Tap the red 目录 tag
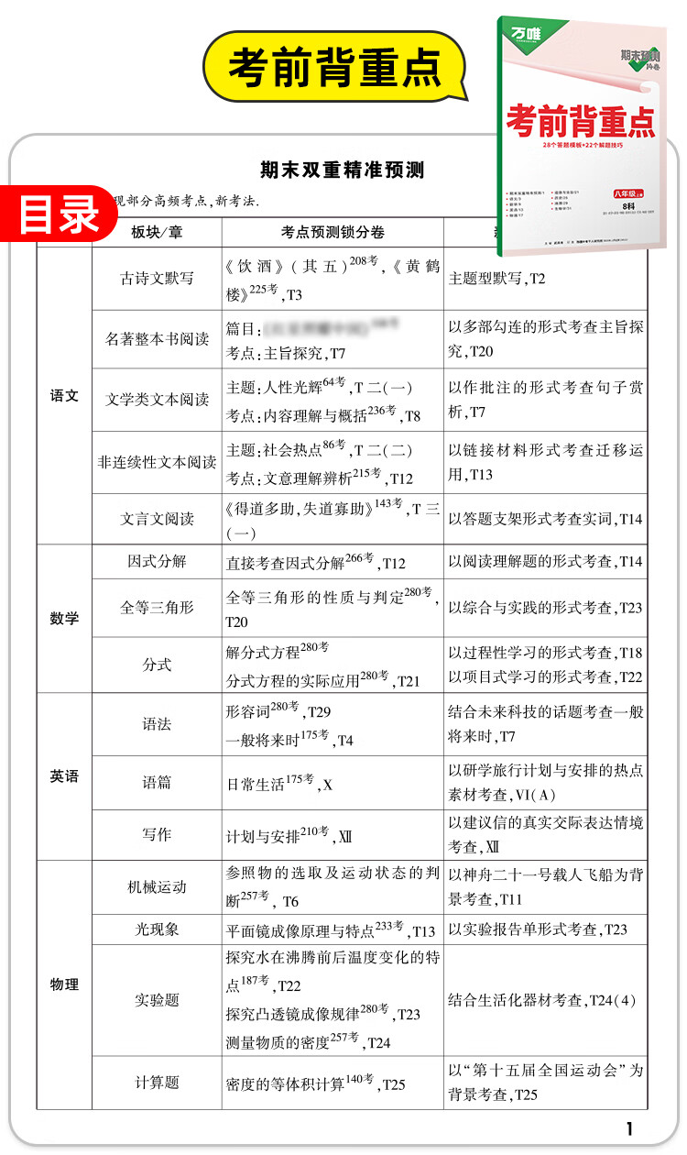pyautogui.click(x=60, y=214)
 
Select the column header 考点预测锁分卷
pyautogui.click(x=333, y=233)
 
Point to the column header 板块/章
pyautogui.click(x=157, y=233)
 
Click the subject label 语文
pyautogui.click(x=64, y=396)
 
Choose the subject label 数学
pyautogui.click(x=64, y=619)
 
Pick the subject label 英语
pyautogui.click(x=64, y=775)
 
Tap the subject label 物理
pyautogui.click(x=64, y=984)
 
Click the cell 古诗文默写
pyautogui.click(x=157, y=279)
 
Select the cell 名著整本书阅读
pyautogui.click(x=157, y=338)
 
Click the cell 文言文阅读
pyautogui.click(x=157, y=518)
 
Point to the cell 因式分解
pyautogui.click(x=157, y=561)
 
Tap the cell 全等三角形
pyautogui.click(x=157, y=607)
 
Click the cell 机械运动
pyautogui.click(x=157, y=886)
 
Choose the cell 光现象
pyautogui.click(x=157, y=929)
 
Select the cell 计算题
pyautogui.click(x=157, y=1083)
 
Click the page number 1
pyautogui.click(x=629, y=1128)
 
